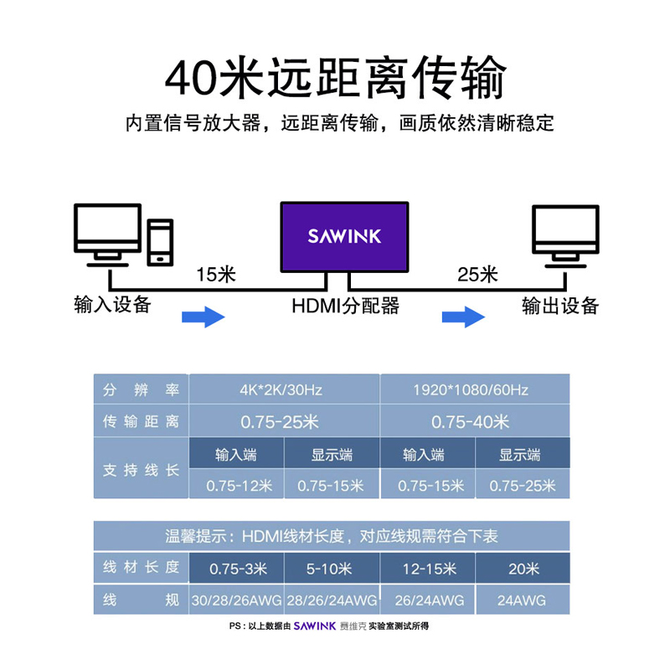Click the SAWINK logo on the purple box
pos(344,236)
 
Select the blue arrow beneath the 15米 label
pos(204,317)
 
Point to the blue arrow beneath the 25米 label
pos(463,317)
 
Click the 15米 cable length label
pos(216,274)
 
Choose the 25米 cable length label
pos(477,274)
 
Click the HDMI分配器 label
pos(345,305)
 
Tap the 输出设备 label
pos(560,305)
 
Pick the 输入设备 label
pos(112,305)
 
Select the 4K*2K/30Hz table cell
pos(286,390)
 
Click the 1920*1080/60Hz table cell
pos(474,390)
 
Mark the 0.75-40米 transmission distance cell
pos(474,421)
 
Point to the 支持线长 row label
pos(141,470)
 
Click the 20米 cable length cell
pos(523,569)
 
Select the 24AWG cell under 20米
pos(523,600)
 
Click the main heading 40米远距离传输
pos(335,80)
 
